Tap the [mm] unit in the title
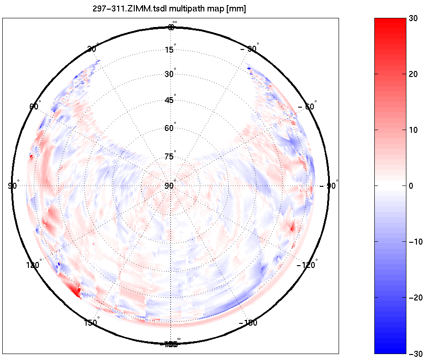tap(236, 9)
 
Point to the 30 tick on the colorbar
tap(414, 18)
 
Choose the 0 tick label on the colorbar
tap(411, 186)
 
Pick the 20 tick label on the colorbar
tap(414, 74)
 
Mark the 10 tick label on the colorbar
tap(414, 130)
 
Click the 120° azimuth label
tap(33, 265)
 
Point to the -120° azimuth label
tap(307, 265)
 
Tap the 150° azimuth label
tap(91, 322)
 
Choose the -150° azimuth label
tap(248, 323)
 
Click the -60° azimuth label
tap(307, 107)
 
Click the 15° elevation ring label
tap(169, 49)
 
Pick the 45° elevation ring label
tap(169, 100)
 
